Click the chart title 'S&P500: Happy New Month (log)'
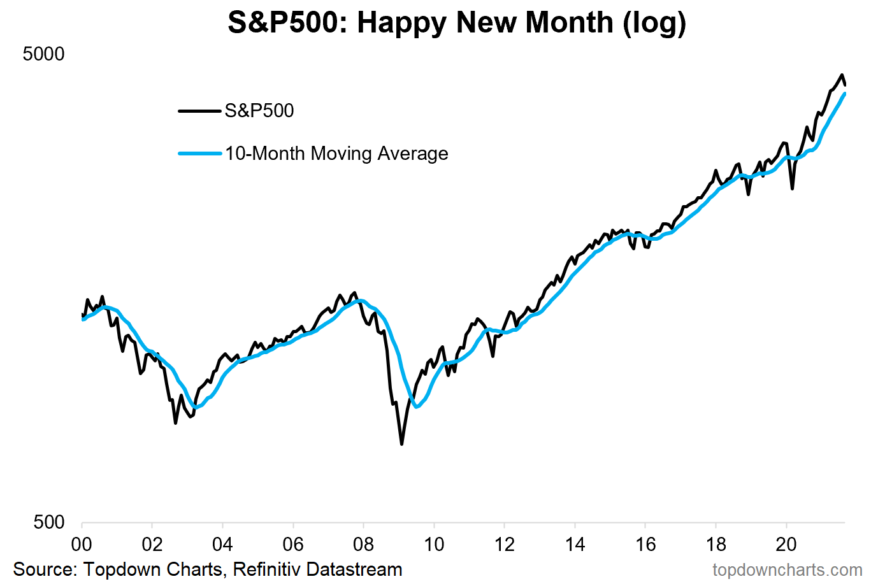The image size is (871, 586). coord(456,23)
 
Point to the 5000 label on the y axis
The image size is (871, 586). coord(43,54)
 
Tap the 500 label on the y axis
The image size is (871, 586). coord(49,522)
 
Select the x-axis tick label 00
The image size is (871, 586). coord(82,544)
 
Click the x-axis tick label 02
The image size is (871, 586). coord(152,544)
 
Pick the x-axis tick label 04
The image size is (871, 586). coord(222,544)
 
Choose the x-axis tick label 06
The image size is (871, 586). coord(293,544)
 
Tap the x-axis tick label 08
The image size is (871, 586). coord(363,544)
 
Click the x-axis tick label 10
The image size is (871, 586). coord(434,544)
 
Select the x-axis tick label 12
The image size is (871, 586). coord(504,544)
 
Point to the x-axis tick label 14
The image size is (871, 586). coord(575,544)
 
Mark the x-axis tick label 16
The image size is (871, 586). coord(645,544)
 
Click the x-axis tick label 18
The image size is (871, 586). coord(716,544)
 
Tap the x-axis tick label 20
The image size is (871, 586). coord(786,544)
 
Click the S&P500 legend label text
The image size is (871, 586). coord(259,111)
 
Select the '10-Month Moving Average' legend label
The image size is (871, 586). coord(336,154)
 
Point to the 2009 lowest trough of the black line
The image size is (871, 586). coord(401,443)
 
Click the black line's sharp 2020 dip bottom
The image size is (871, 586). coord(792,188)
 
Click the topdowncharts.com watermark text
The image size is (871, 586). coord(787,569)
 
